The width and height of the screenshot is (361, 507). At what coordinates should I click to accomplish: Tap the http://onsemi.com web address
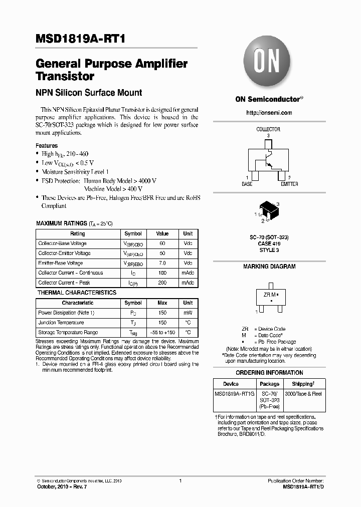tap(269, 113)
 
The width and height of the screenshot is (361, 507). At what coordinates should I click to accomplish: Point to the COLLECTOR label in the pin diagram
tap(268, 129)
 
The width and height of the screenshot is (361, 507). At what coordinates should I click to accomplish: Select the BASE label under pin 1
tap(247, 184)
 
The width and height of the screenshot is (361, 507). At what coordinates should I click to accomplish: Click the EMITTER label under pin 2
tap(289, 184)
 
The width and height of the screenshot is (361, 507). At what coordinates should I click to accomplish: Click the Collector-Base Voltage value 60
tap(162, 243)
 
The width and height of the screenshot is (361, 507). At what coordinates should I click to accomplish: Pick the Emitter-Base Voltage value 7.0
tap(162, 263)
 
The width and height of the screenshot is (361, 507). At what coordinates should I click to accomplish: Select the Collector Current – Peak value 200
tap(162, 283)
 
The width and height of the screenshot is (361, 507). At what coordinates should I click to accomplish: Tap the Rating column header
tap(78, 233)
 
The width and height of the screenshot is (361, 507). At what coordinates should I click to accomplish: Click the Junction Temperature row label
tap(61, 323)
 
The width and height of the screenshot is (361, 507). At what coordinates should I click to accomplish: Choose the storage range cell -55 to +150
tap(162, 333)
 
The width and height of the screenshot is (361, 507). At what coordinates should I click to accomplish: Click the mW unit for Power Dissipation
tap(188, 313)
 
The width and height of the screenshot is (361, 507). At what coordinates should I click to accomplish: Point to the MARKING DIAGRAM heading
tap(269, 267)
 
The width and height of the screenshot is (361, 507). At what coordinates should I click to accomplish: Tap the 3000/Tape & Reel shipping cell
tap(304, 394)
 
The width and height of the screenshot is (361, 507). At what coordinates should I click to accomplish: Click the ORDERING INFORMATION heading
tap(269, 373)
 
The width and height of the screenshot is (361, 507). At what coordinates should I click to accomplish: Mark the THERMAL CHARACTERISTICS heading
tap(77, 293)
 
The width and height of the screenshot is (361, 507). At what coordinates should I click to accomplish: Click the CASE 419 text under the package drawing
tap(269, 243)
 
